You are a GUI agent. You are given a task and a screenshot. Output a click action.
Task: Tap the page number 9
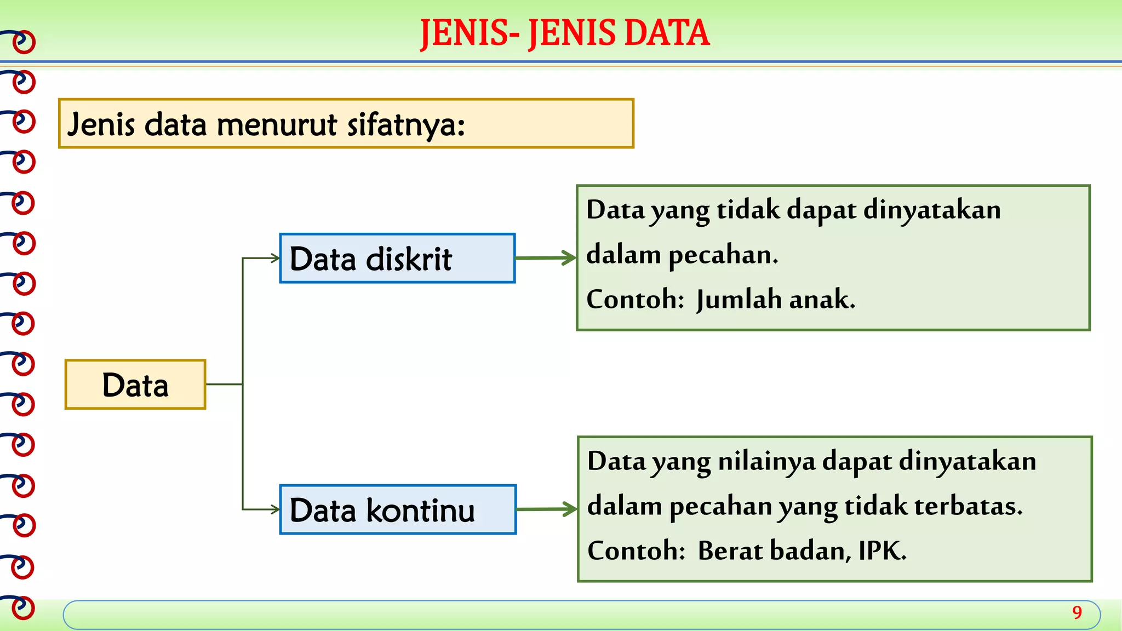(x=1077, y=612)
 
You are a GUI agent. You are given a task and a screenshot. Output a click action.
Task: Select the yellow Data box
(x=135, y=385)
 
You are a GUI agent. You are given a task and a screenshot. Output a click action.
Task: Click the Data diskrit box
(x=397, y=259)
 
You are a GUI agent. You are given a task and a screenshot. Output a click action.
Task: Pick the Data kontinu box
(x=397, y=509)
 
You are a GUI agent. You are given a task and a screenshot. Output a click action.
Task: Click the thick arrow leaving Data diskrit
(x=546, y=258)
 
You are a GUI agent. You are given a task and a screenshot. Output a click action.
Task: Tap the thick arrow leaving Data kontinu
(x=546, y=509)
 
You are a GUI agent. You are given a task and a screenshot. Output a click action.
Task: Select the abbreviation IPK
(x=882, y=550)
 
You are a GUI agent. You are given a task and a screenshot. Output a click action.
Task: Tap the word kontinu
(x=420, y=510)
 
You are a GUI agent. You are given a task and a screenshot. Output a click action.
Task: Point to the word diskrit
(x=409, y=259)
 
